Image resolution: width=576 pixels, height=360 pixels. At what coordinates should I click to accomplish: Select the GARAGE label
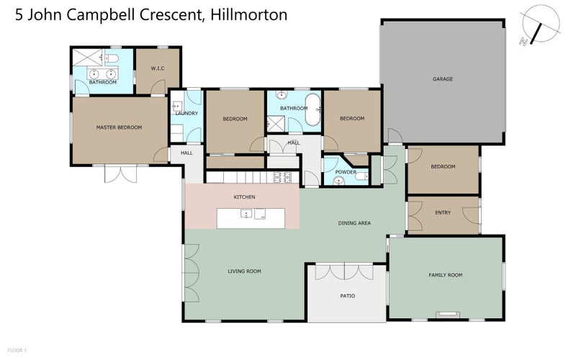[442, 78]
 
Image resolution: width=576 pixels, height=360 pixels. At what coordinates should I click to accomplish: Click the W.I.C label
[158, 68]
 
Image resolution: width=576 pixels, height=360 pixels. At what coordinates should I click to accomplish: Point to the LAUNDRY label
[186, 114]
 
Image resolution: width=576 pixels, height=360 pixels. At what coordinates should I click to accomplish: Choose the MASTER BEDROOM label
[119, 127]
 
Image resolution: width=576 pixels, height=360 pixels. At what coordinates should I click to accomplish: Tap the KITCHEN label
[244, 197]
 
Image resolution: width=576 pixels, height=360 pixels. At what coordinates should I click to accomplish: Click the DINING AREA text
[354, 223]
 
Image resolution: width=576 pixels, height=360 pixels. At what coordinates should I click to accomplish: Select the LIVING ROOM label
[244, 271]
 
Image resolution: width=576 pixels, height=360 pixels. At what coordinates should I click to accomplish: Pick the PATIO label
[347, 295]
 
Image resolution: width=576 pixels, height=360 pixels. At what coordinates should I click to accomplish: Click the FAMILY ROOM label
[445, 275]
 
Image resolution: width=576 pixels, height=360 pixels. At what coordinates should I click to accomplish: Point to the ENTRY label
[443, 213]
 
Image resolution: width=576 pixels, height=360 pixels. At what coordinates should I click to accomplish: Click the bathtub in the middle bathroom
[313, 109]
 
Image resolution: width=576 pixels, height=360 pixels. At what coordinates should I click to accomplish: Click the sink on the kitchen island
[246, 214]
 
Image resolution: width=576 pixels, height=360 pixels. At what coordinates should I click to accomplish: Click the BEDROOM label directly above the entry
[443, 167]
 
